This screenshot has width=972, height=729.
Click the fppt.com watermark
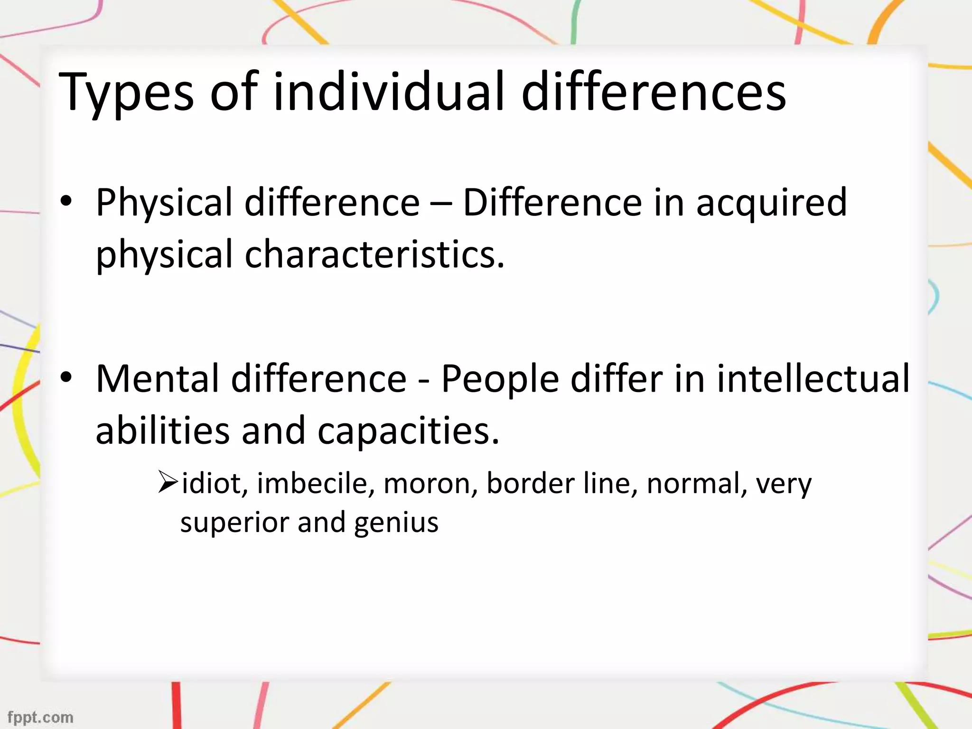[x=41, y=717]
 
